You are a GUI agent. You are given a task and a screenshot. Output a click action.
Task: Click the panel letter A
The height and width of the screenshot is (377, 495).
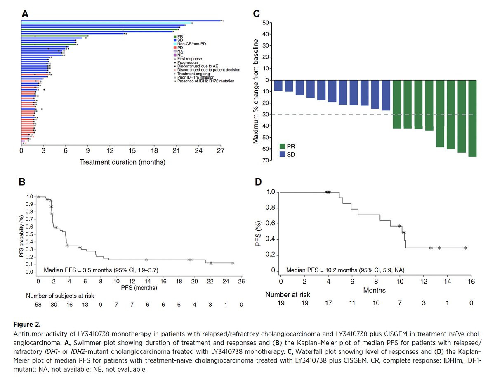25,14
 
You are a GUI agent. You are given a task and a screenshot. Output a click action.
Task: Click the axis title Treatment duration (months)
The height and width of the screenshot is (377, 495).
123,162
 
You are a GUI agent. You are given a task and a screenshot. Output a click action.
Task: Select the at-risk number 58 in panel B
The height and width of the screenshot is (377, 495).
38,305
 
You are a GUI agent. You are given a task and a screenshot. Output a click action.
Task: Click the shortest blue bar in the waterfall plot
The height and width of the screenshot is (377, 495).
278,85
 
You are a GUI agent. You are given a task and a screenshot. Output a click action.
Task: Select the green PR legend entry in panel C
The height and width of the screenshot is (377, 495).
287,146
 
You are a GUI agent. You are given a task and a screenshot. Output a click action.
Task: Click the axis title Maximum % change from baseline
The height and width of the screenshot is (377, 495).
256,91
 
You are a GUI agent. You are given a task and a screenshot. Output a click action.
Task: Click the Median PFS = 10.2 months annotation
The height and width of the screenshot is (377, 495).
345,270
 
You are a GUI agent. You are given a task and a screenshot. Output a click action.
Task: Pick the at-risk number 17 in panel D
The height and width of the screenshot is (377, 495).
328,303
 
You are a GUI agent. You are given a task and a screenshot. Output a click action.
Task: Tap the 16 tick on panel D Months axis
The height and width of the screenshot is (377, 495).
471,282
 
